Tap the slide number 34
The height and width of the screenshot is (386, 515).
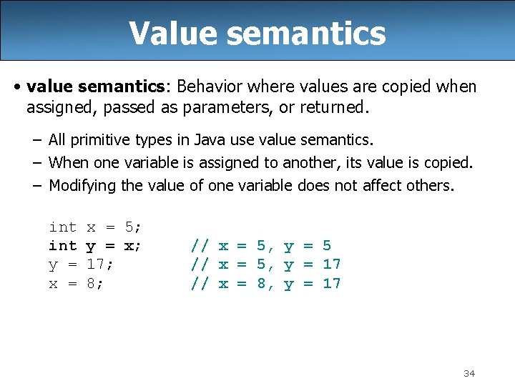pos(469,373)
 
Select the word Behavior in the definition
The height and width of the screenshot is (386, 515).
pos(208,86)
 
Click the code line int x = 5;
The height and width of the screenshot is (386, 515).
pos(95,227)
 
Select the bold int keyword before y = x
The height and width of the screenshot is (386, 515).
pos(63,246)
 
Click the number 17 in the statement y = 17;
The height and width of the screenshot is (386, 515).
pos(96,264)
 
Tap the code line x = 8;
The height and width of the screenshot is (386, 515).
pos(76,283)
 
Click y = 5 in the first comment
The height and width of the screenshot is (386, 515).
pos(307,246)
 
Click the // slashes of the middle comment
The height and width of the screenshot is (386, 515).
pos(200,264)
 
